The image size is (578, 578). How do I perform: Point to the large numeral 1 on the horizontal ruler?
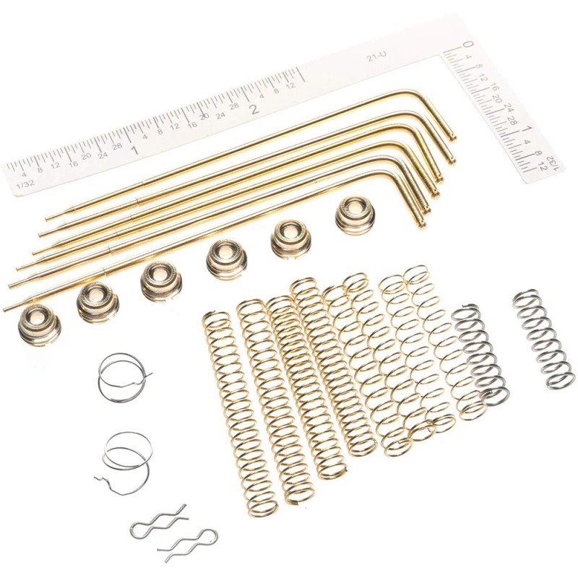[135, 150]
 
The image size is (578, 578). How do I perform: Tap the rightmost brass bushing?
[356, 214]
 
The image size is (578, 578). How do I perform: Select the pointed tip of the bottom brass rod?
[6, 309]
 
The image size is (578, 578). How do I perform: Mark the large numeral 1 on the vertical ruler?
[528, 131]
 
